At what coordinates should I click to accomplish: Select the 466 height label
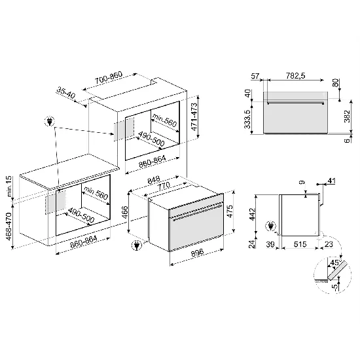[124, 213]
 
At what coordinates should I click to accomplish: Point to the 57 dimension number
[256, 76]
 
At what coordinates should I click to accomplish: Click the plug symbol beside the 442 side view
[272, 226]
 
